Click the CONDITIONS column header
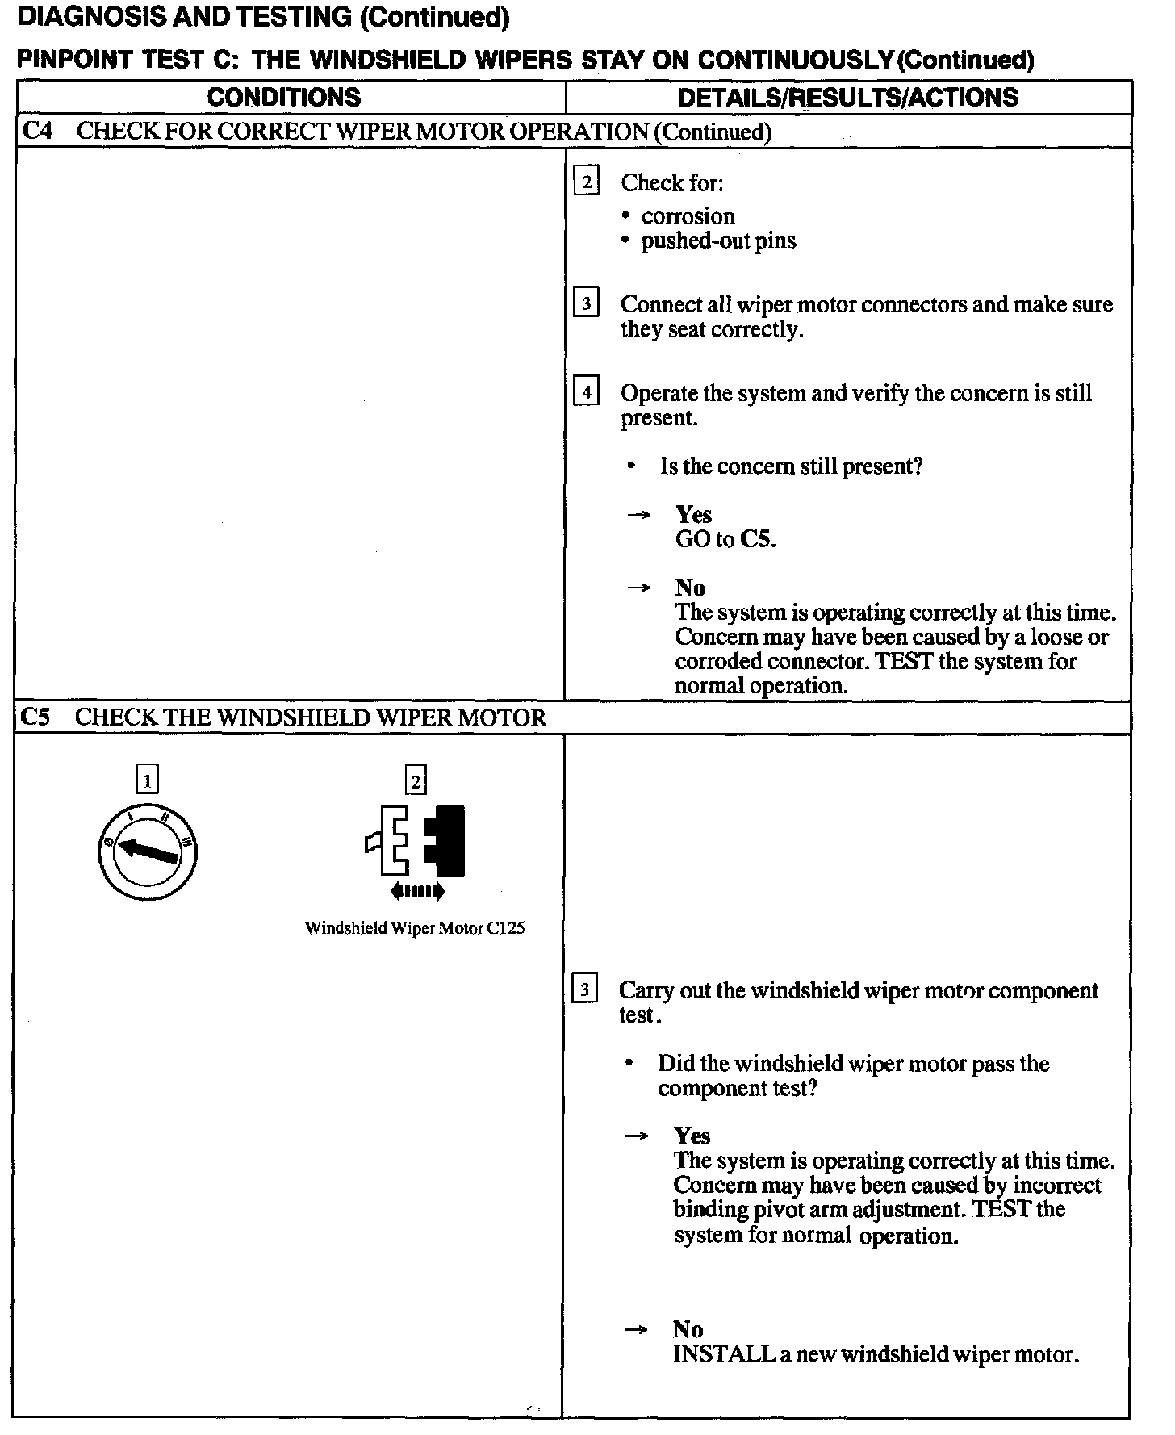click(x=283, y=98)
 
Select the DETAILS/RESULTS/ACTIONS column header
click(x=847, y=98)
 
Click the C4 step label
click(x=37, y=131)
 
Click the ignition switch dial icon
click(x=146, y=852)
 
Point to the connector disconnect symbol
click(x=416, y=842)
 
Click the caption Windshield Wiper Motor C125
click(x=415, y=928)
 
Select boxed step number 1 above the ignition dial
click(x=147, y=780)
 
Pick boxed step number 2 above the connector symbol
click(x=416, y=780)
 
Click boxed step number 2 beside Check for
click(x=587, y=182)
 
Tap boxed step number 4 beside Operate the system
click(x=586, y=392)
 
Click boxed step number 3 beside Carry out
click(x=584, y=989)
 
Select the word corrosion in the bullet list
click(x=688, y=216)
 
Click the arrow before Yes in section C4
click(x=639, y=515)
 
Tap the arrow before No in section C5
click(x=637, y=1330)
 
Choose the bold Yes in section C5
click(x=692, y=1136)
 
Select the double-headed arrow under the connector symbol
click(x=416, y=891)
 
